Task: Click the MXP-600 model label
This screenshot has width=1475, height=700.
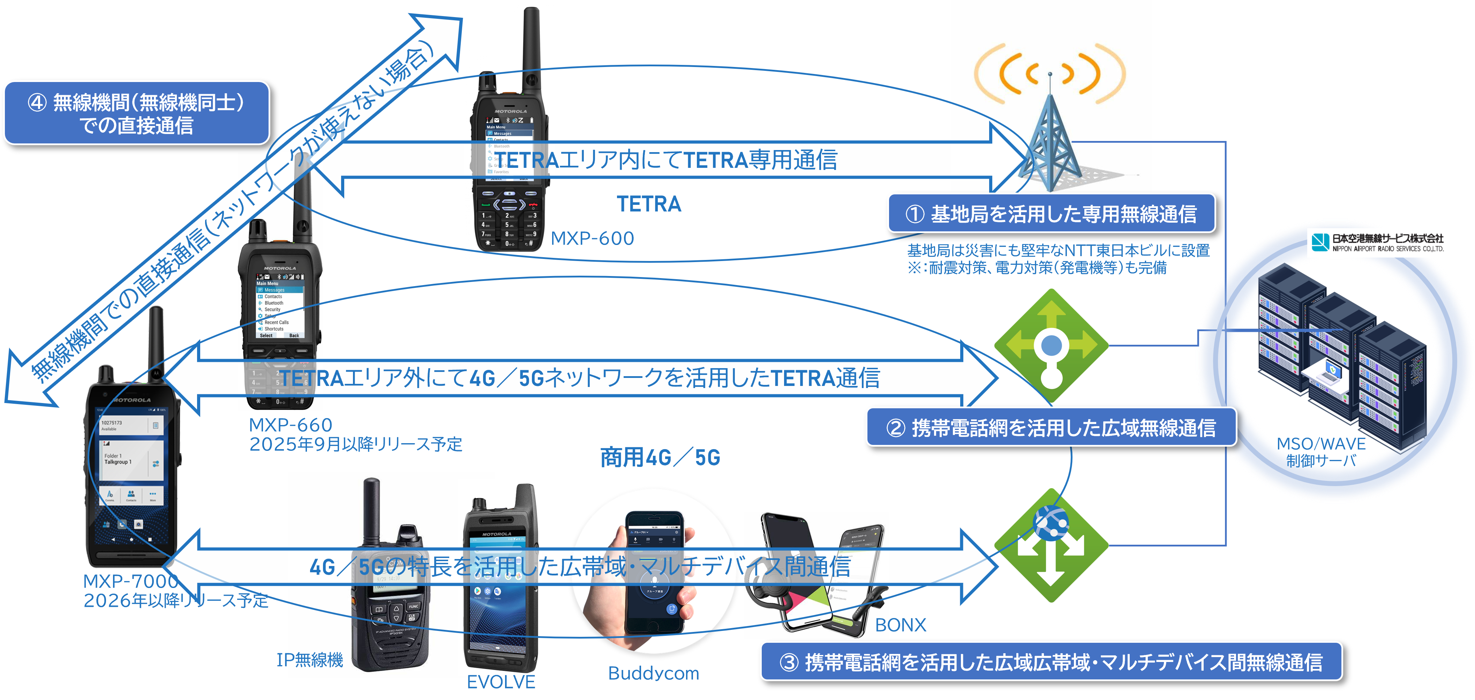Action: [x=593, y=238]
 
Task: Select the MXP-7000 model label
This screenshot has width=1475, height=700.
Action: [x=130, y=581]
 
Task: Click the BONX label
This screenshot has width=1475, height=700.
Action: [x=901, y=625]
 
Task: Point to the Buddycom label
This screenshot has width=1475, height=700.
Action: [x=653, y=673]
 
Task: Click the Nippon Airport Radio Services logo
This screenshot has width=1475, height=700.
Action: [x=1377, y=242]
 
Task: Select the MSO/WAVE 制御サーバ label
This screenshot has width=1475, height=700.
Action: [x=1321, y=452]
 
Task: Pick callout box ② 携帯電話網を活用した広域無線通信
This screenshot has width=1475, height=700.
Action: [x=1051, y=427]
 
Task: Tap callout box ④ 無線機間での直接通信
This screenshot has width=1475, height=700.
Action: [x=136, y=113]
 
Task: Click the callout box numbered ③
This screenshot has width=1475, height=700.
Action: [x=1051, y=662]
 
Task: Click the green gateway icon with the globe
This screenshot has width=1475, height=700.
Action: [x=1051, y=545]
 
